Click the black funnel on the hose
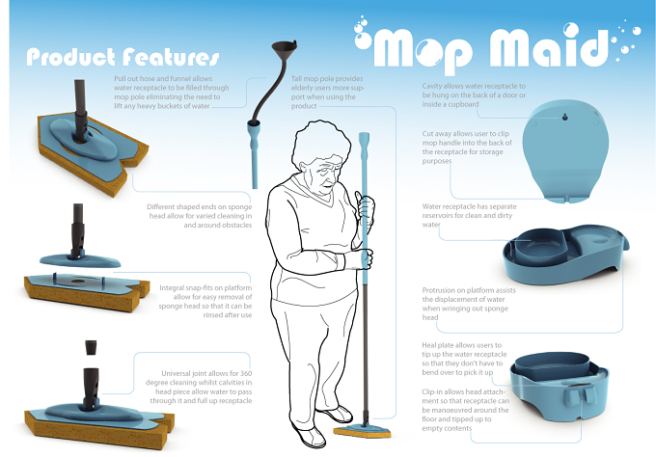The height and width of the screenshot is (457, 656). pos(285,49)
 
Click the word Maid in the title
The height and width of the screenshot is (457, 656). pos(548,47)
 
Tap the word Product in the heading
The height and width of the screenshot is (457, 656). pos(70,57)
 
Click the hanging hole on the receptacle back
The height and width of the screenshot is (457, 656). pos(564,117)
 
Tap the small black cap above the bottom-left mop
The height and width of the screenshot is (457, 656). pos(91,347)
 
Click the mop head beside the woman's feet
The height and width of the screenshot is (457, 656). pos(363,431)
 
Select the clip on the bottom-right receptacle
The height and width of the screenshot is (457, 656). pos(580,394)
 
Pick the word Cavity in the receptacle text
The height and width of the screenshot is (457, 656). pos(432,86)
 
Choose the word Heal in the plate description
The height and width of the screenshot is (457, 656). pos(428,345)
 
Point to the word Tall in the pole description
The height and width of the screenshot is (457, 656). pos(296,79)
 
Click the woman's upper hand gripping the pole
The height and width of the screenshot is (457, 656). pos(365,205)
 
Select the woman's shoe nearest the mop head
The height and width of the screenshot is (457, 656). pos(338,413)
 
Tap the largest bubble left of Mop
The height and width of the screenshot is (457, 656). pos(363,40)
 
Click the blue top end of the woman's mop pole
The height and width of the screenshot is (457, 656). pos(364,139)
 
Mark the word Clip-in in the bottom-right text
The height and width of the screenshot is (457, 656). pos(432,392)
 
